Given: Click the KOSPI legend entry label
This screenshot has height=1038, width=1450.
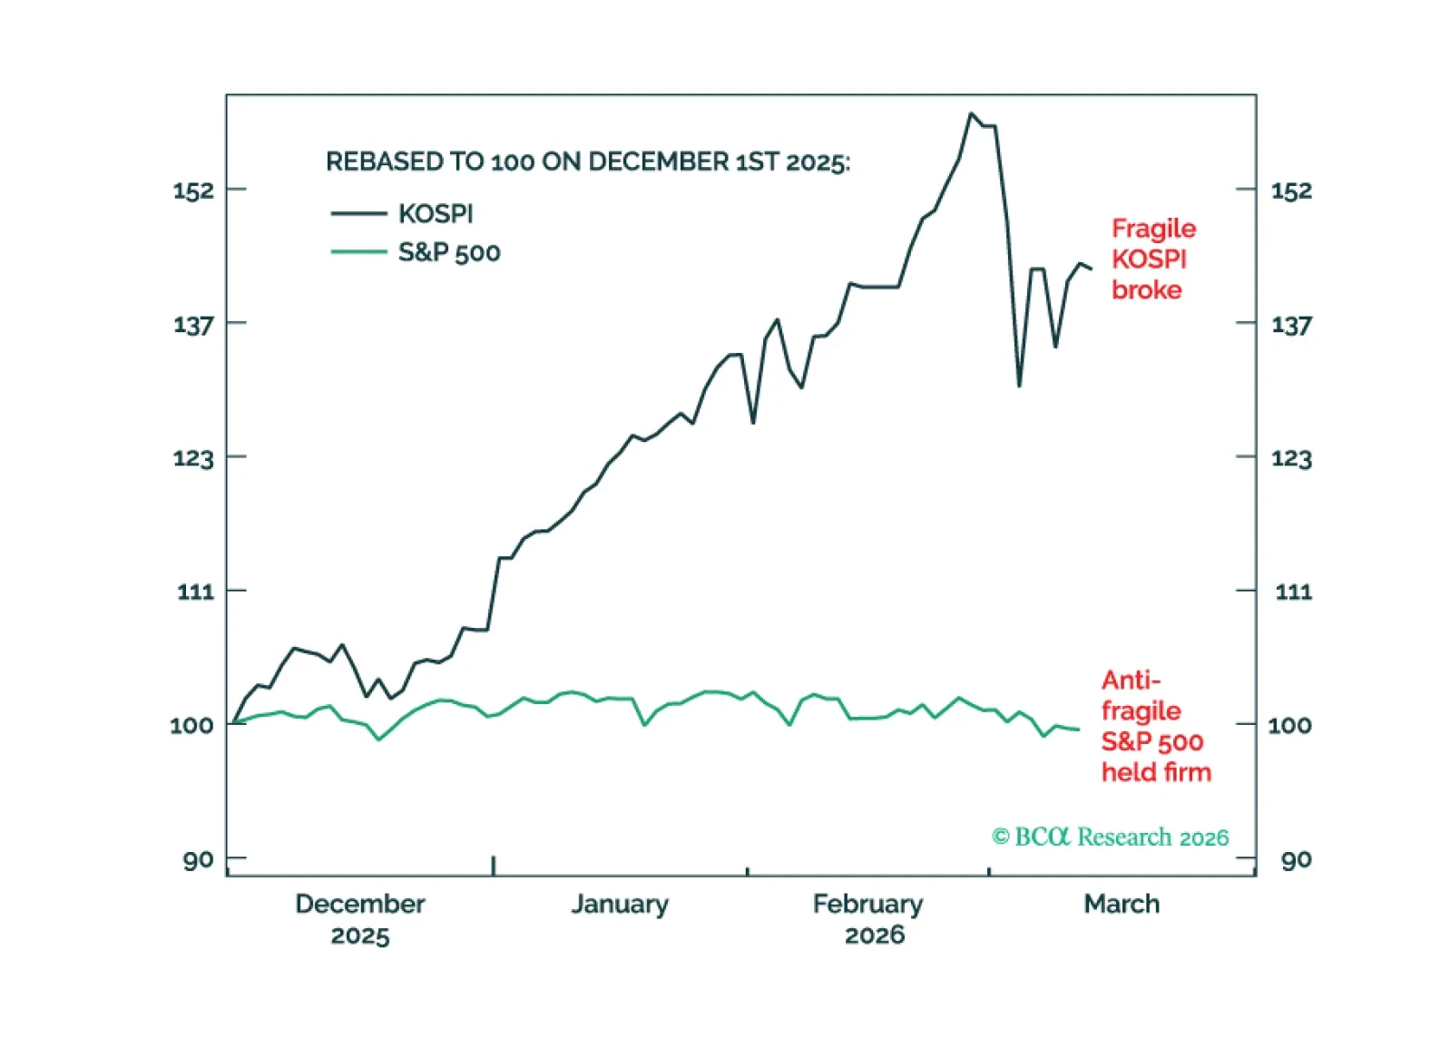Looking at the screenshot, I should (436, 214).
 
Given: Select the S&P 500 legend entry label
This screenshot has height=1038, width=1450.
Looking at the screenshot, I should (449, 252).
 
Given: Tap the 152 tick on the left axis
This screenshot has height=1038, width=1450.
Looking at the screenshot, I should (193, 191).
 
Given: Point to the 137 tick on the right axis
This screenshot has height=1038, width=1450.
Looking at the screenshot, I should (1291, 324).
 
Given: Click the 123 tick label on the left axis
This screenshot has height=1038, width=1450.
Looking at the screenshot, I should (193, 457).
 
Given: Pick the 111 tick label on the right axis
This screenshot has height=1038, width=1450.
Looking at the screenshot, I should (1293, 592).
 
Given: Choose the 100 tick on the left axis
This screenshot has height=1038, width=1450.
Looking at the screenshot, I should (191, 725).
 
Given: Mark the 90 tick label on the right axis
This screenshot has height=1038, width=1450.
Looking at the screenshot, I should (1296, 859).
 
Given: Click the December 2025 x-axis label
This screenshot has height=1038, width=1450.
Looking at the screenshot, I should (359, 919).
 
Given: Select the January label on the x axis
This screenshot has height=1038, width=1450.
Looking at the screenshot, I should (620, 904).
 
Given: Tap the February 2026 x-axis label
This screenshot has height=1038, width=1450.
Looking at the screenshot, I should (868, 919).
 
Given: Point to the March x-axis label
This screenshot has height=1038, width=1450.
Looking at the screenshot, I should (1122, 904).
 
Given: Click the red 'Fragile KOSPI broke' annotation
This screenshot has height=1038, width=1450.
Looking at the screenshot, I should (1152, 259).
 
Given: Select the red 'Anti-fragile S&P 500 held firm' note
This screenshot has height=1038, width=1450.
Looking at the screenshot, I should (1155, 726).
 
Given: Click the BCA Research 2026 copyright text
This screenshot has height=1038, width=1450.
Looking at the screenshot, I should (1110, 837).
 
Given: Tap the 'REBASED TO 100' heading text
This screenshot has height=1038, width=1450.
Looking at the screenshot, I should (588, 162).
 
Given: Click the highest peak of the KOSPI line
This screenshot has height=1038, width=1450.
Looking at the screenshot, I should (970, 114).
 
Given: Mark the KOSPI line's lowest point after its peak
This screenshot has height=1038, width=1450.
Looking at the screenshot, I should (1019, 386).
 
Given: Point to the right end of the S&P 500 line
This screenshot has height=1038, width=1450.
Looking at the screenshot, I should (1078, 730).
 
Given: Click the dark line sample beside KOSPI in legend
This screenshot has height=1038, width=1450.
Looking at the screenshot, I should (358, 214).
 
